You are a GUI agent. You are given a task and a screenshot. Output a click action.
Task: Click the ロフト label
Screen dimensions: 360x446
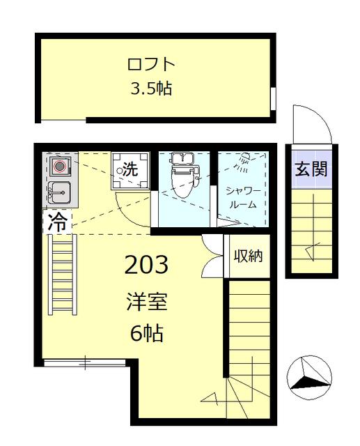pos(151,64)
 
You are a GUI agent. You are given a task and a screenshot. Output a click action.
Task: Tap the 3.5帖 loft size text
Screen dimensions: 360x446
pos(151,89)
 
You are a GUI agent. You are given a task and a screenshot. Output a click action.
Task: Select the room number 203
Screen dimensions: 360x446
pos(146,264)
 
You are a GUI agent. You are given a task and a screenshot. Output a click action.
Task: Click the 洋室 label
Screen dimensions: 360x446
pos(147,302)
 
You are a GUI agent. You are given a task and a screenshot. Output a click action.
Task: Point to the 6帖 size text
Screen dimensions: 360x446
pos(147,333)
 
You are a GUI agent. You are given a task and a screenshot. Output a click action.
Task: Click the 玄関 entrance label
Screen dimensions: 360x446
pos(311,169)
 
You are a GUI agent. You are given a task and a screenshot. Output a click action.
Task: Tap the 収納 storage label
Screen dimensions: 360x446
pos(248,256)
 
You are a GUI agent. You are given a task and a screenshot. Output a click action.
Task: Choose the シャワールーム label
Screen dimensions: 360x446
pos(243,197)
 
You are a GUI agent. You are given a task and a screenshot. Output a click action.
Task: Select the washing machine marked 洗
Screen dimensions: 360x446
pos(130,171)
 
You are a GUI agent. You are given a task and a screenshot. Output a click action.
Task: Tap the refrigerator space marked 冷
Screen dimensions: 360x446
pos(57,222)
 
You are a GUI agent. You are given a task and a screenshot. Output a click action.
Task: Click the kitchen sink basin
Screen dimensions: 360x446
pos(59,192)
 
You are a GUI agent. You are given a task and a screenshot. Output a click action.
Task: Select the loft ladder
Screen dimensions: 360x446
pos(62,275)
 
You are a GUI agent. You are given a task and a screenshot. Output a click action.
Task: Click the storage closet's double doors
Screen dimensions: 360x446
pos(212,256)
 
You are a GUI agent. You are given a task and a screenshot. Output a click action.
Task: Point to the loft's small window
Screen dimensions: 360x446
pos(273,98)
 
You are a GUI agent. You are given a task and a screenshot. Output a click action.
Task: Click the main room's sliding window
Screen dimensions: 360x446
pos(85,362)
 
